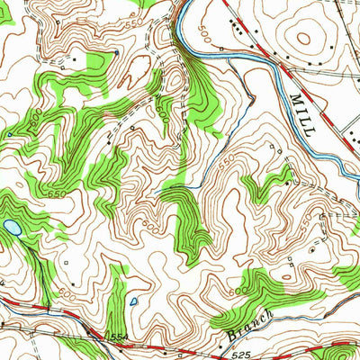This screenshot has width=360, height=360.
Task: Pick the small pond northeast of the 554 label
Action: point(133,301)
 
